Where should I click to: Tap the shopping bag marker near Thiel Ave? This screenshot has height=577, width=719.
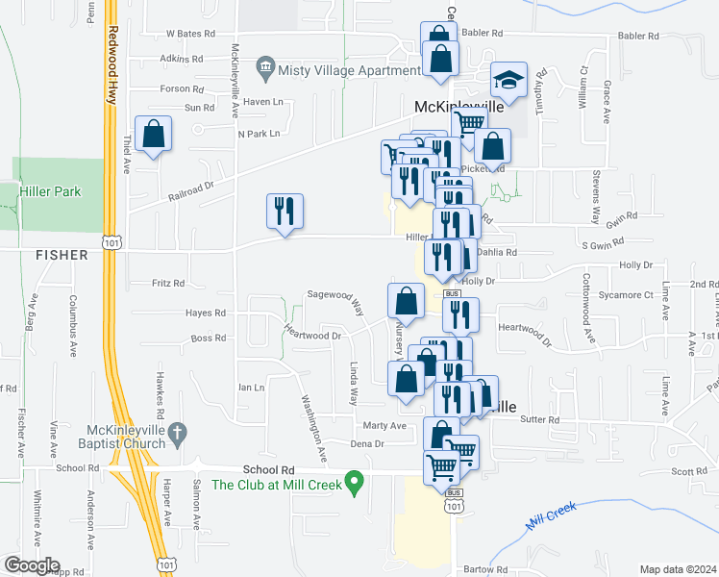click(153, 136)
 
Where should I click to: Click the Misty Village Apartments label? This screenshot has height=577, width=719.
click(336, 69)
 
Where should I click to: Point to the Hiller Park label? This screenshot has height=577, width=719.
click(51, 191)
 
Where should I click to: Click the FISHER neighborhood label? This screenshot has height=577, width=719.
click(61, 255)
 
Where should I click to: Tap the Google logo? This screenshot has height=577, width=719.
click(31, 565)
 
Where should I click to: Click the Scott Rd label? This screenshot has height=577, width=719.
click(688, 471)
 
